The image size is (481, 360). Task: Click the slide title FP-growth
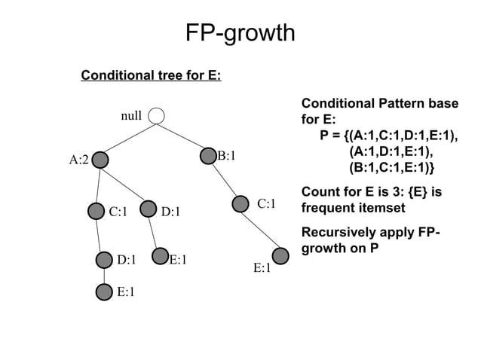[240, 33]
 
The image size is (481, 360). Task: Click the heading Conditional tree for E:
[151, 76]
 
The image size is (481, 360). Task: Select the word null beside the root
[131, 116]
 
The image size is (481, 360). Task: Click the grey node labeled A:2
[99, 160]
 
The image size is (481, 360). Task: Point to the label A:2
[78, 160]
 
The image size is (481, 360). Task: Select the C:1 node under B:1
[240, 203]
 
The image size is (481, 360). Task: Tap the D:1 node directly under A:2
[149, 211]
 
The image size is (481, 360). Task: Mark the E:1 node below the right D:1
[160, 256]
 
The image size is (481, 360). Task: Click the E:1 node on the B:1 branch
[280, 256]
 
